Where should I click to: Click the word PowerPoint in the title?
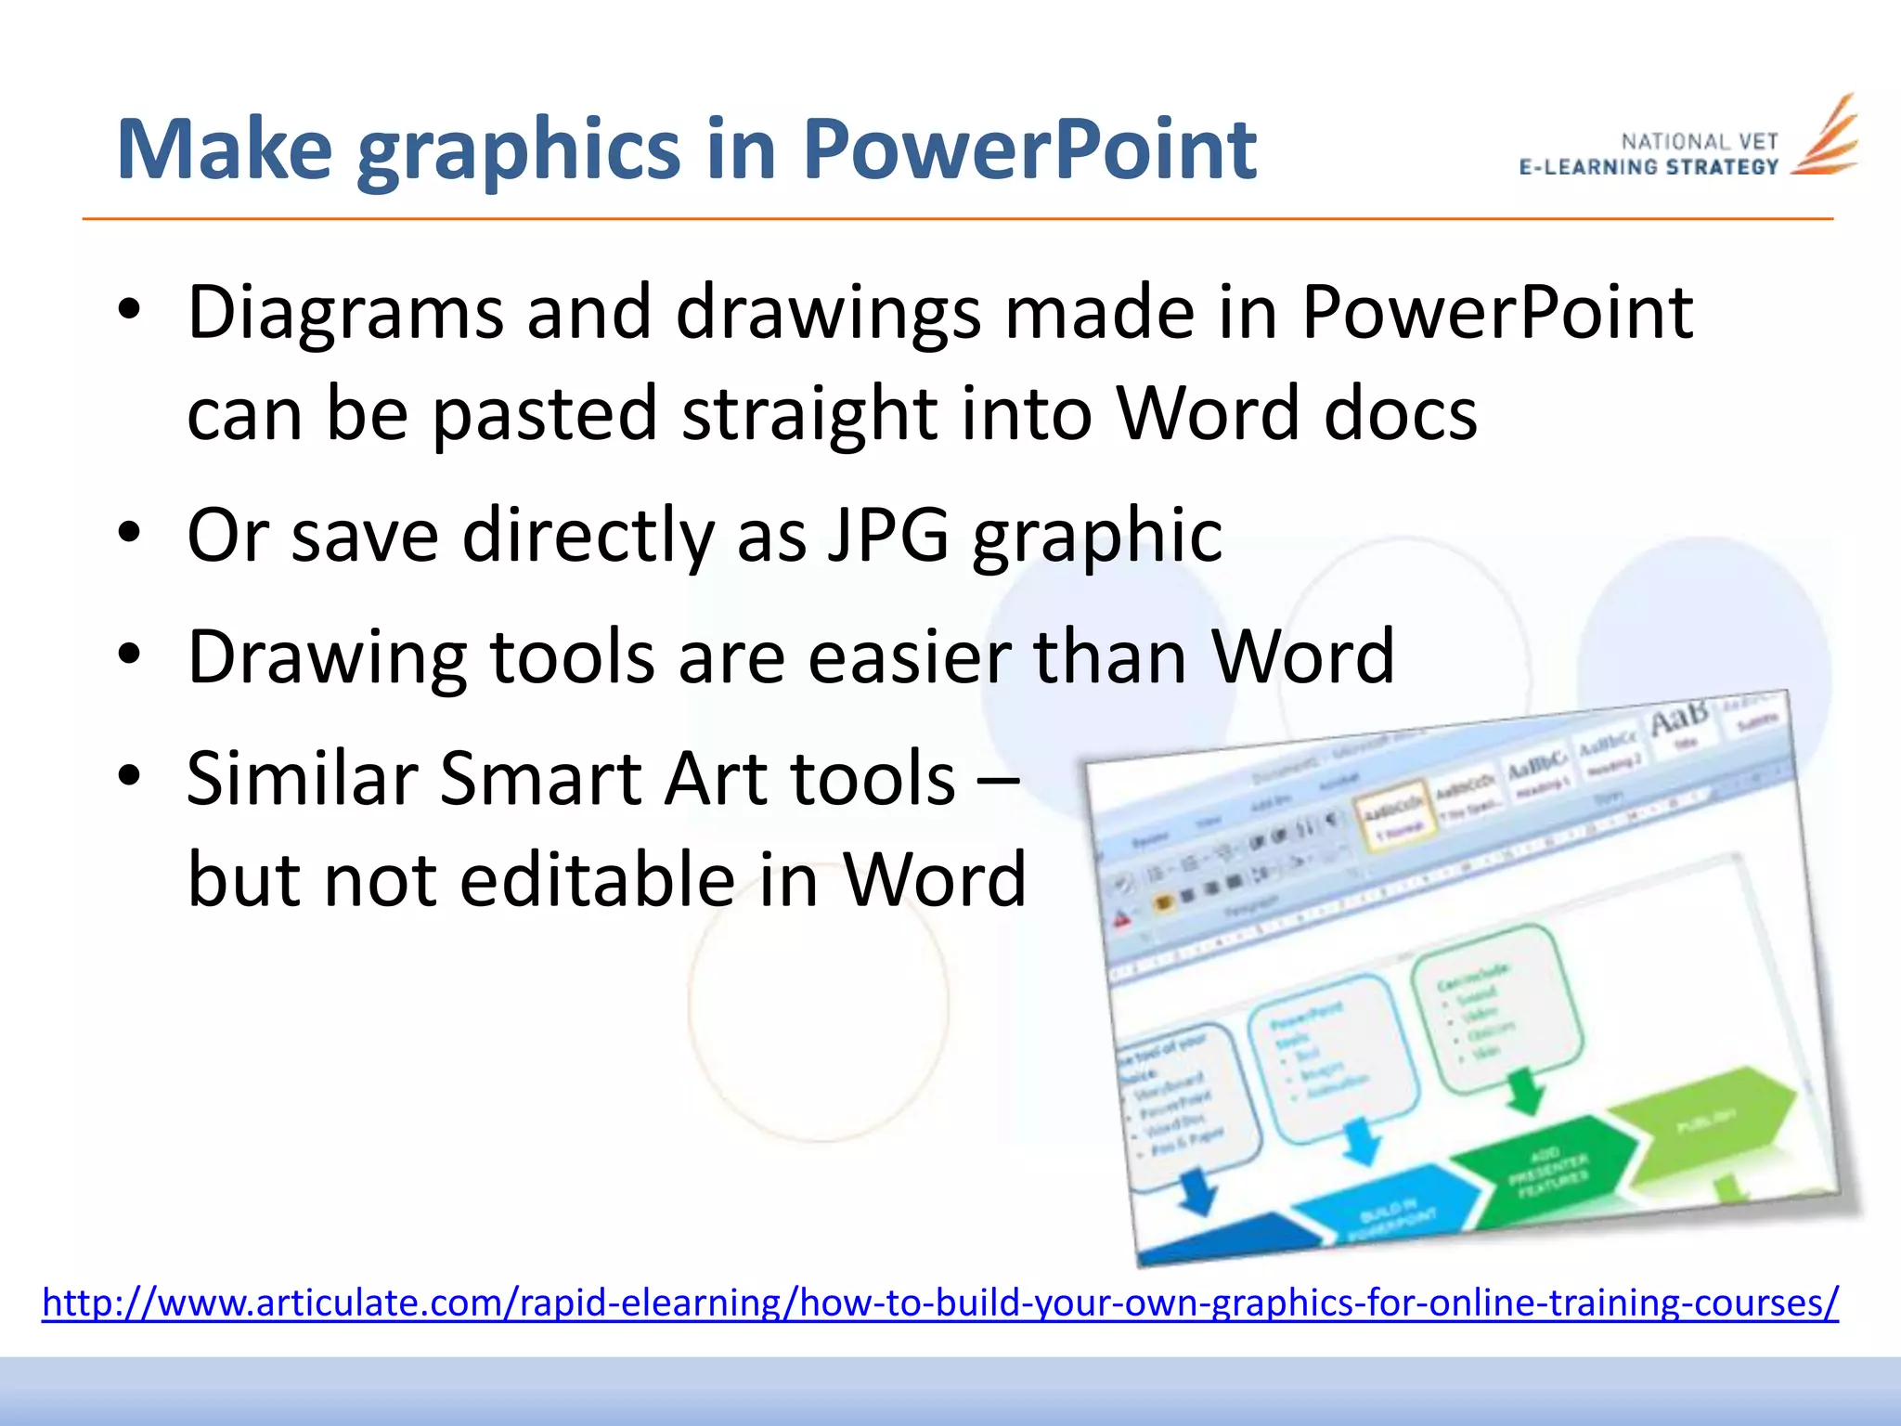tap(1028, 150)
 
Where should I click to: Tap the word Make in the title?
tap(224, 150)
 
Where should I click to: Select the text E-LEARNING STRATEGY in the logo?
tap(1649, 168)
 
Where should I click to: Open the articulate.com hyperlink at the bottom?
tap(939, 1303)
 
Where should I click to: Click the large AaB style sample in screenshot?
tap(1678, 718)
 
